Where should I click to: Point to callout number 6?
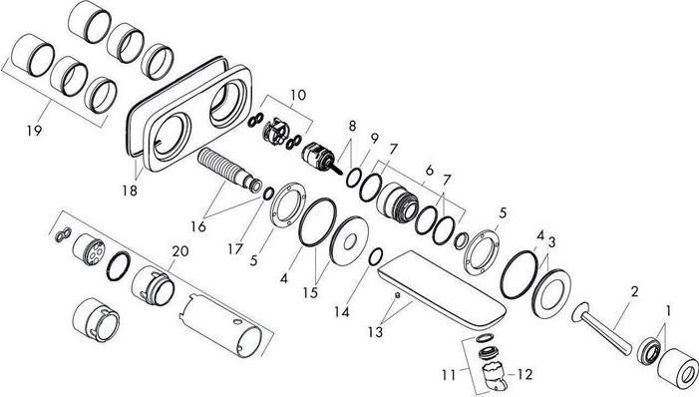[x=430, y=171]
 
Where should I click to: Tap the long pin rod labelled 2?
[x=605, y=325]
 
